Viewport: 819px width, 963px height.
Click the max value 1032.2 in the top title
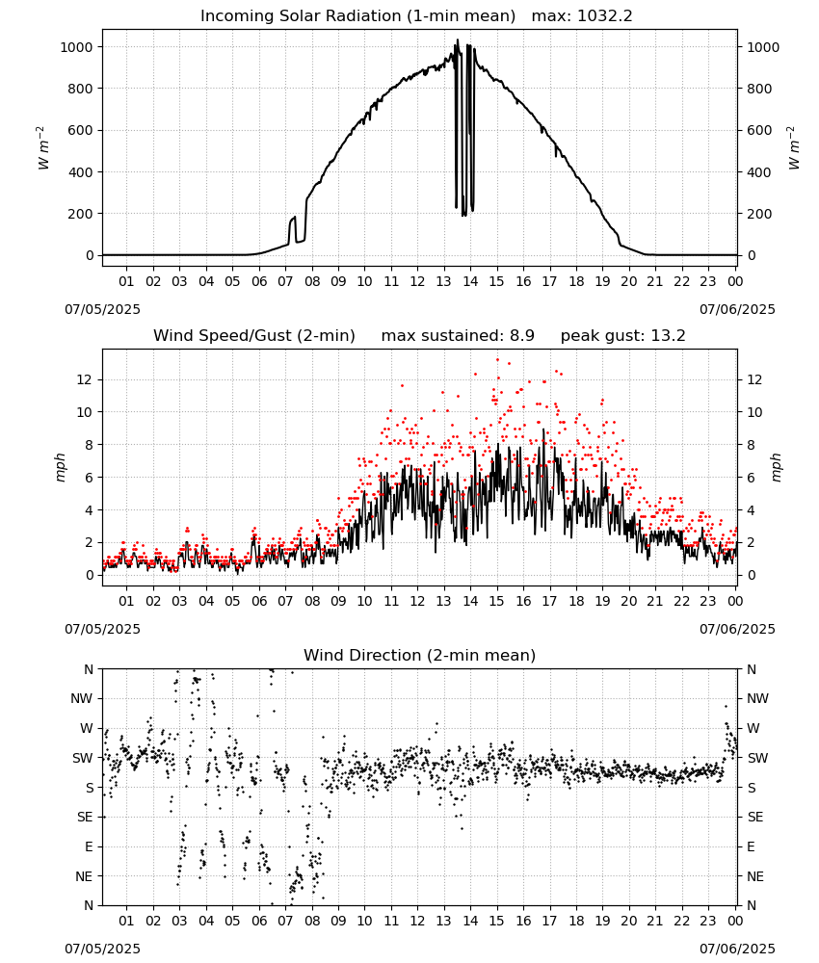(x=605, y=16)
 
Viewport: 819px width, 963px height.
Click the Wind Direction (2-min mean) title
(x=420, y=655)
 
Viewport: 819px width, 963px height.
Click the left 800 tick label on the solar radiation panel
(x=77, y=89)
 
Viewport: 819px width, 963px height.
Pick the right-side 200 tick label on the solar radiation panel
(x=759, y=214)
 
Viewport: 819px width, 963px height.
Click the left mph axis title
(x=60, y=467)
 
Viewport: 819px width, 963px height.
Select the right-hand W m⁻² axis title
(x=794, y=147)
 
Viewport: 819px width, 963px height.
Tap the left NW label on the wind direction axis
(x=82, y=699)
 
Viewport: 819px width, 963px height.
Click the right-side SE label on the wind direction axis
(x=755, y=818)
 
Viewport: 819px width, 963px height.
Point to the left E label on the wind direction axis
(x=89, y=846)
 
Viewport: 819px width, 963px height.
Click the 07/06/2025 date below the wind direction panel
(x=737, y=949)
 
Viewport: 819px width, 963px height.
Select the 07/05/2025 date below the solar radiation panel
(x=102, y=309)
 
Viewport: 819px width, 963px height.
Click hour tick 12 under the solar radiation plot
(x=418, y=282)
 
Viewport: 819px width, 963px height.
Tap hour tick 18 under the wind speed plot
(x=576, y=601)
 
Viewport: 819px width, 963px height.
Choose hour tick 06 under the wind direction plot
(x=259, y=922)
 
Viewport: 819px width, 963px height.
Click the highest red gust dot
(x=498, y=360)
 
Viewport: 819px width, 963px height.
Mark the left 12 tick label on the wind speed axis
(x=85, y=379)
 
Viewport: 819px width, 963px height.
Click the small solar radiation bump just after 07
(x=292, y=227)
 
